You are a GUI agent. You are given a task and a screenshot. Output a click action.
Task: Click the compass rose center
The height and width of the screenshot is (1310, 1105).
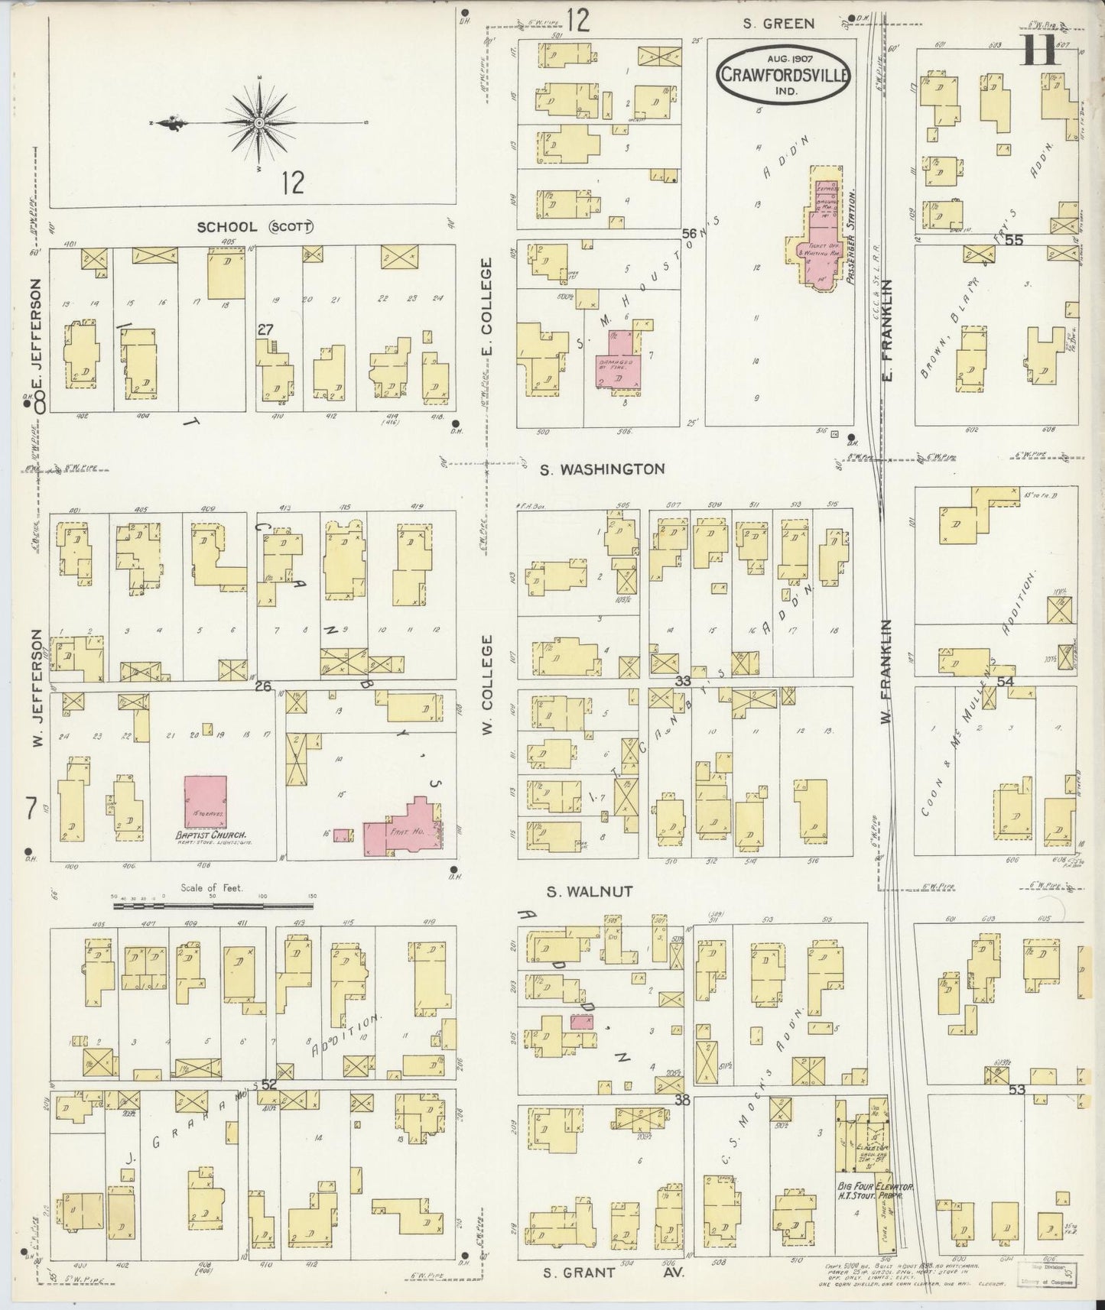pyautogui.click(x=260, y=123)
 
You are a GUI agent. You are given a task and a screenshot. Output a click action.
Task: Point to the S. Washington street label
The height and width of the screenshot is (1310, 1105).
pyautogui.click(x=602, y=469)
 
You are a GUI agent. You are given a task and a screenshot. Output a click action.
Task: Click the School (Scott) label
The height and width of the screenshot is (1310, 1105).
pyautogui.click(x=255, y=227)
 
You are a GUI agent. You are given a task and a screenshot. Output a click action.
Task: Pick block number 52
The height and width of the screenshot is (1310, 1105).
pyautogui.click(x=268, y=1084)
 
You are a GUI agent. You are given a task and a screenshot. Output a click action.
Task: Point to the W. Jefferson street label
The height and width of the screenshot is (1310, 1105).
pyautogui.click(x=36, y=687)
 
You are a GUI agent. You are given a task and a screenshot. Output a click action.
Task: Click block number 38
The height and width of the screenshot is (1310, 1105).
pyautogui.click(x=683, y=1101)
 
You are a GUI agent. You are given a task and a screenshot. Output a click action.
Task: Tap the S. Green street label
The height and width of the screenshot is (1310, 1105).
pyautogui.click(x=778, y=24)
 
